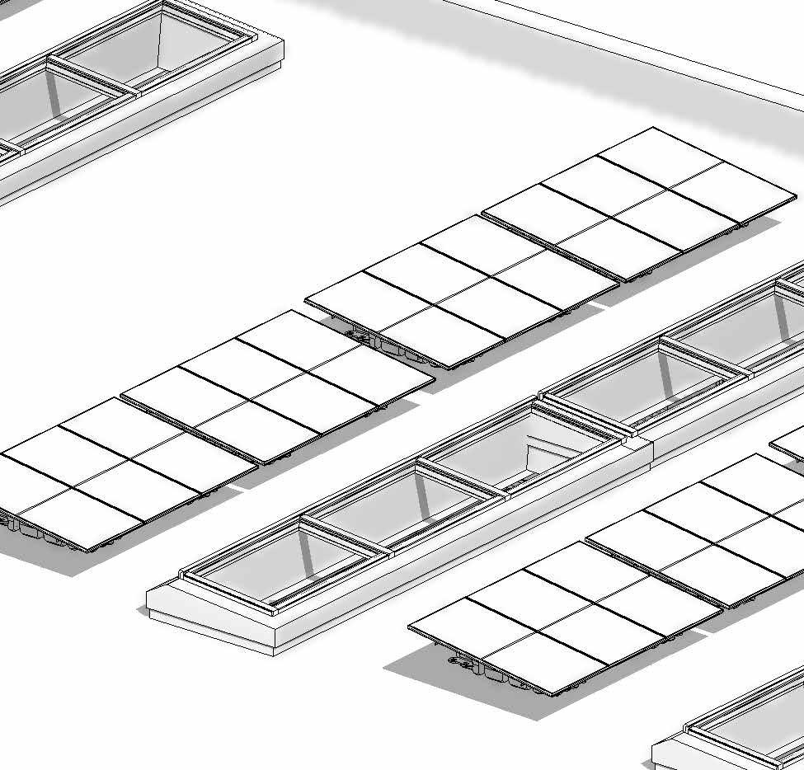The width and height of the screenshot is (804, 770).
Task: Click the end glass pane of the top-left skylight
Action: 198,41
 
